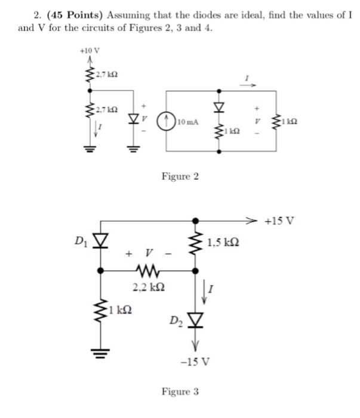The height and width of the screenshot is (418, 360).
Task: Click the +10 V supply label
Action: click(88, 52)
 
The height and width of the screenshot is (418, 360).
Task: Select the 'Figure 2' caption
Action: click(180, 177)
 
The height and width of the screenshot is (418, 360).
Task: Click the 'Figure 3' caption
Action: click(180, 392)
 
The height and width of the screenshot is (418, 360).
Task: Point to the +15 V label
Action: click(280, 221)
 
